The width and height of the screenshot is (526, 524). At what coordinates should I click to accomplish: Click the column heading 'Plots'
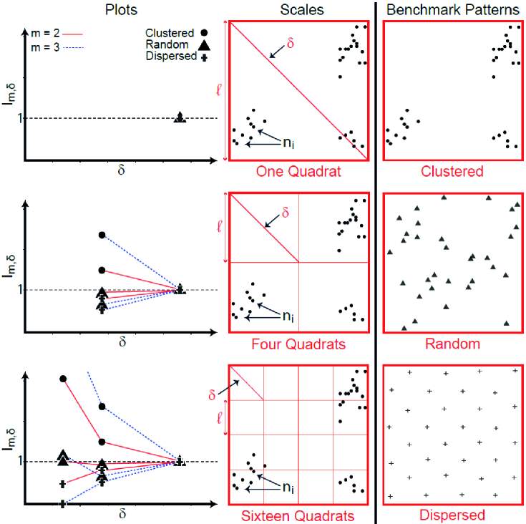pyautogui.click(x=122, y=11)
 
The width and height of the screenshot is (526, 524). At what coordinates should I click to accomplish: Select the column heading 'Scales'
pyautogui.click(x=298, y=11)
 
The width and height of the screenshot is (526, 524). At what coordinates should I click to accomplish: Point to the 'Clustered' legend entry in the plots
pyautogui.click(x=170, y=32)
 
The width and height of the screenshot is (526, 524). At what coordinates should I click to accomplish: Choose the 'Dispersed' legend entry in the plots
pyautogui.click(x=170, y=56)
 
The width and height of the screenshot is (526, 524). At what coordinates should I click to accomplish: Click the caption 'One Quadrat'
pyautogui.click(x=298, y=171)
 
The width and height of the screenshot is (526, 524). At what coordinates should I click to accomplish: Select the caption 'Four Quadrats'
pyautogui.click(x=298, y=344)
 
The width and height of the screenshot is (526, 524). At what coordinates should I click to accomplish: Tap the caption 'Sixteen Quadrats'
pyautogui.click(x=298, y=515)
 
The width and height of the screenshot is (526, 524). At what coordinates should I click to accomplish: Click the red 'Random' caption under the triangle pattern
pyautogui.click(x=452, y=344)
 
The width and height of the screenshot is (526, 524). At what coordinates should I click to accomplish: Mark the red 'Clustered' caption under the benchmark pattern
pyautogui.click(x=452, y=171)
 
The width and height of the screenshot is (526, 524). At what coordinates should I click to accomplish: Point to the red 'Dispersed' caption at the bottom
pyautogui.click(x=452, y=515)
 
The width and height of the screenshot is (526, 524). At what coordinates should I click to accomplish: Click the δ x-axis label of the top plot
pyautogui.click(x=122, y=170)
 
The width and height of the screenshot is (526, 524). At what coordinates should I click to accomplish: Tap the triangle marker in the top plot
pyautogui.click(x=180, y=117)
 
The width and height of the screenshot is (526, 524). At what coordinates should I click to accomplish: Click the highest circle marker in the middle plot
pyautogui.click(x=102, y=235)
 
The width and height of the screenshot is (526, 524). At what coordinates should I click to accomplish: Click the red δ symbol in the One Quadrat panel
pyautogui.click(x=290, y=42)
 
